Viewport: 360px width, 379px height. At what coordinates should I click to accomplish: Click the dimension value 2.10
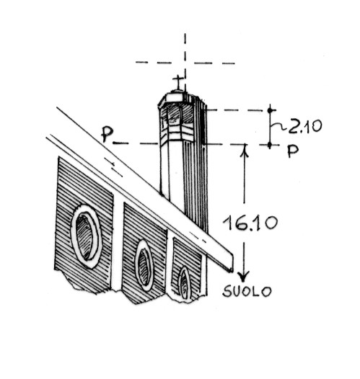305,126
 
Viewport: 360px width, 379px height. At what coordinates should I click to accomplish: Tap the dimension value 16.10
250,223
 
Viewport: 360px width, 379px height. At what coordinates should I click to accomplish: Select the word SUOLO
247,291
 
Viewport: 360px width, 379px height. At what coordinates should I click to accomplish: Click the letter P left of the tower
107,134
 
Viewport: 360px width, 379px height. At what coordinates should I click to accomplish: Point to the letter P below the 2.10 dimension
293,151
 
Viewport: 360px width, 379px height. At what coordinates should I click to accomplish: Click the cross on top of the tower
178,82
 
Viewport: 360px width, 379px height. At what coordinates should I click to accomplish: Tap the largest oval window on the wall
86,236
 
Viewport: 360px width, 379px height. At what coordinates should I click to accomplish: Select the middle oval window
144,265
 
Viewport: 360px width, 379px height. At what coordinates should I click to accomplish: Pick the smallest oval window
185,282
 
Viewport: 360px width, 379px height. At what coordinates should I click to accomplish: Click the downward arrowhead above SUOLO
243,277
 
